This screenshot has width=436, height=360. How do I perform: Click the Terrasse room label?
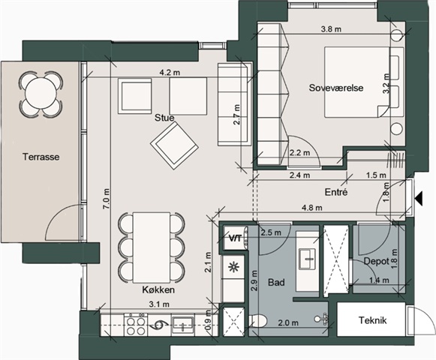(41, 157)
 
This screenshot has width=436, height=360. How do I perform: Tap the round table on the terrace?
(41, 94)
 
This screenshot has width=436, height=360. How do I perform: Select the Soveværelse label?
(336, 88)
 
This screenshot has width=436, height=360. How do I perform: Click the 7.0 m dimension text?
(107, 199)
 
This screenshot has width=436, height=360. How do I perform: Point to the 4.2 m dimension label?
(170, 73)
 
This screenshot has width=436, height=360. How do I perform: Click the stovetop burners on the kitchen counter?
(136, 325)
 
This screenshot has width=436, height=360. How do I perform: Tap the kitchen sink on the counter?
(182, 325)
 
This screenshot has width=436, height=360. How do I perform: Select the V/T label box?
(235, 238)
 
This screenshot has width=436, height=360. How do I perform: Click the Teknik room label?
(372, 320)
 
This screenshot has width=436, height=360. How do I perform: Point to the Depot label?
(376, 261)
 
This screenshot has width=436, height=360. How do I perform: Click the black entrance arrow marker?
(419, 199)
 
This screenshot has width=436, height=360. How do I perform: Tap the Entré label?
(336, 192)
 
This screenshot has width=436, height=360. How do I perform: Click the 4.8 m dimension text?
(312, 208)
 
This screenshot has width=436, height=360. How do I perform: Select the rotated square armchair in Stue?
(174, 145)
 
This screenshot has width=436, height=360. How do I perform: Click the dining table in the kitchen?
(152, 247)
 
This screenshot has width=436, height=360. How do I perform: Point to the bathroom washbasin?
(307, 259)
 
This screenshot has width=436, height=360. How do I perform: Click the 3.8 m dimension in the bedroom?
(331, 29)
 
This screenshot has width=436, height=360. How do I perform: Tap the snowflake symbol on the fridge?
(233, 268)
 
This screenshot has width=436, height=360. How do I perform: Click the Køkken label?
(158, 290)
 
